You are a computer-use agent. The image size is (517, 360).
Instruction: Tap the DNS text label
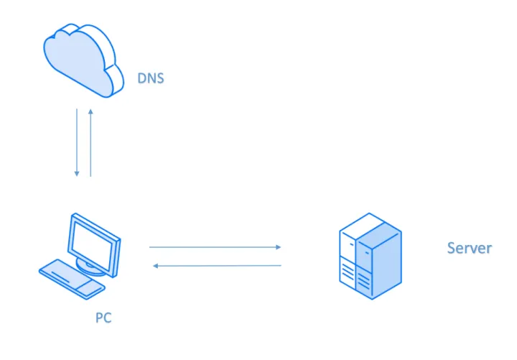tap(151, 78)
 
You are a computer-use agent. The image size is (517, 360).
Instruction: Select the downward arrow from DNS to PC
tap(77, 143)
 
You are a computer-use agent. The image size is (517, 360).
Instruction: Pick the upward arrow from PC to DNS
tap(91, 143)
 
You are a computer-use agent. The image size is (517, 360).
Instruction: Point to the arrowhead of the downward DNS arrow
tap(77, 175)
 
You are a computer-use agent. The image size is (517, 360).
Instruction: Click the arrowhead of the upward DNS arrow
tap(91, 112)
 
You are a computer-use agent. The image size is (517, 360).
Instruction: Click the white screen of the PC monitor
tap(93, 241)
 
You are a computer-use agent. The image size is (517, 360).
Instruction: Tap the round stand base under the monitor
tap(89, 267)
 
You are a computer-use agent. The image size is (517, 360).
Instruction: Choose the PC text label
tap(103, 317)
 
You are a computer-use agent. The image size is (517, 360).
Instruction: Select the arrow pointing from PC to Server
tap(215, 247)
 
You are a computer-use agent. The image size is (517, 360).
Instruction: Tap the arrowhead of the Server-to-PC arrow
tap(156, 266)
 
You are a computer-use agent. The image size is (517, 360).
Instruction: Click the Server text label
tap(469, 249)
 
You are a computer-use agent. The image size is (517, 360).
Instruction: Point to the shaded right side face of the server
tap(388, 259)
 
